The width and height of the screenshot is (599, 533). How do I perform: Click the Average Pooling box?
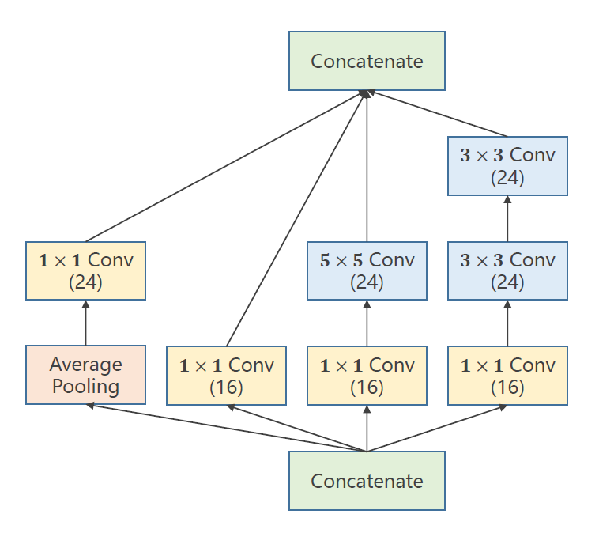pyautogui.click(x=85, y=375)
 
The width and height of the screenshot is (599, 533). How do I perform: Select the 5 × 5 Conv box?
pyautogui.click(x=367, y=270)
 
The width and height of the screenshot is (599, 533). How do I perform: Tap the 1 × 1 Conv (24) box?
pyautogui.click(x=85, y=270)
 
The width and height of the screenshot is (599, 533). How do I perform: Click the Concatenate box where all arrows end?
pyautogui.click(x=367, y=61)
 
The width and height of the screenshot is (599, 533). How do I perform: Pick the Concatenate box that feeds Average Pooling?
pyautogui.click(x=367, y=481)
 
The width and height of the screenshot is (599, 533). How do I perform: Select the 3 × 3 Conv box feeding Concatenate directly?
pyautogui.click(x=507, y=165)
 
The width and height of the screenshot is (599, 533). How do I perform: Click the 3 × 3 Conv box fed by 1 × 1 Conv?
pyautogui.click(x=507, y=270)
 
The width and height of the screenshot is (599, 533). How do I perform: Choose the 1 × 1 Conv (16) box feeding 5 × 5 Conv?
pyautogui.click(x=367, y=375)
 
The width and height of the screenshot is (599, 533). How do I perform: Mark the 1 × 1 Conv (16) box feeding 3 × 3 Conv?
pyautogui.click(x=507, y=375)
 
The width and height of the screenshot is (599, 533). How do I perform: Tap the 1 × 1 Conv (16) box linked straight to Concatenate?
pyautogui.click(x=226, y=375)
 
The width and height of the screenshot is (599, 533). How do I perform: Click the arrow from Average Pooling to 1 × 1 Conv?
pyautogui.click(x=85, y=323)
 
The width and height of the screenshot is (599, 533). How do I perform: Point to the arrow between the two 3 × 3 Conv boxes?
pyautogui.click(x=507, y=218)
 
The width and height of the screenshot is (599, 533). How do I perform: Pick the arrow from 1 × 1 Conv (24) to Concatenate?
pyautogui.click(x=225, y=166)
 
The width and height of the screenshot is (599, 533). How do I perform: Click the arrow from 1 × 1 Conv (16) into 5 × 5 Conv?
pyautogui.click(x=367, y=323)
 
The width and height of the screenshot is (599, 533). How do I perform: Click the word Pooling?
pyautogui.click(x=85, y=387)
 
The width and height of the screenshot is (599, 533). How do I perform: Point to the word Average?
pyautogui.click(x=85, y=365)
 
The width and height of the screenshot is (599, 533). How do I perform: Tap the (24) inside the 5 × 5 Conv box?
pyautogui.click(x=367, y=282)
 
